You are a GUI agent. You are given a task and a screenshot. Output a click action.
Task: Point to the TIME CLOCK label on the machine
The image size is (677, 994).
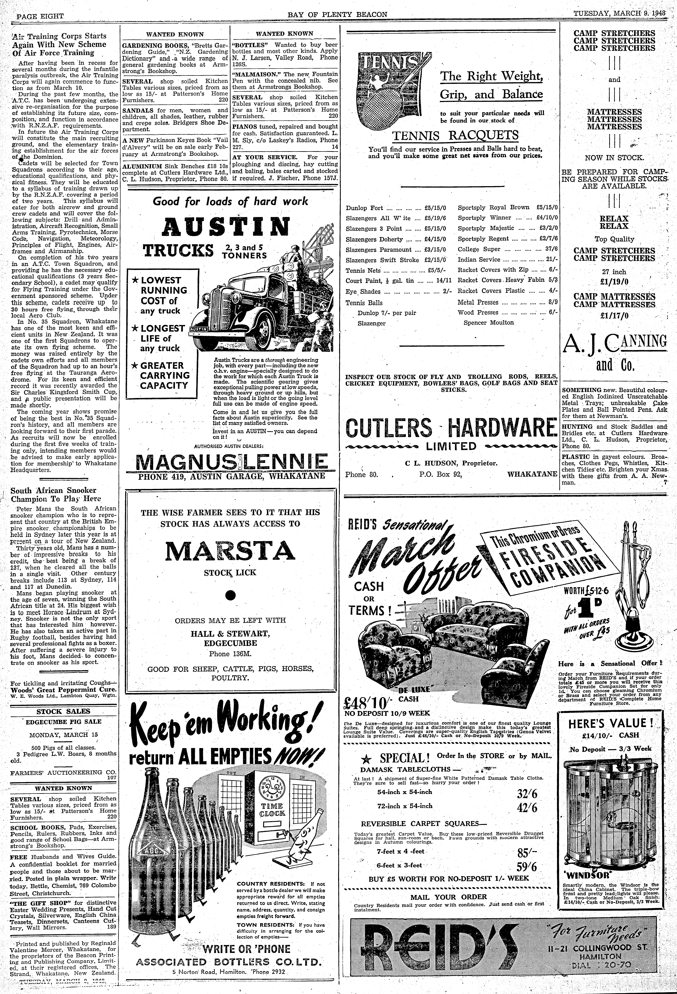pyautogui.click(x=272, y=809)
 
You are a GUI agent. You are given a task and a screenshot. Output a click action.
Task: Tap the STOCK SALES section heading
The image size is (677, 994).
pyautogui.click(x=63, y=711)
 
